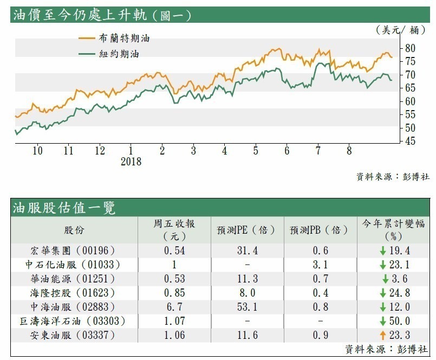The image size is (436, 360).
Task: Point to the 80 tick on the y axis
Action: [x=410, y=48]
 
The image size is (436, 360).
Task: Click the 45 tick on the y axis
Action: [x=410, y=142]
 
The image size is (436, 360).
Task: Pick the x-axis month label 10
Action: [x=37, y=150]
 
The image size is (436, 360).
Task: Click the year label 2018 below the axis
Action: [x=131, y=162]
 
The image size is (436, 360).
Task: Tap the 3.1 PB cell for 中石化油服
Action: [x=320, y=265]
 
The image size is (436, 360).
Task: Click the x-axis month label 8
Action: [x=349, y=150]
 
